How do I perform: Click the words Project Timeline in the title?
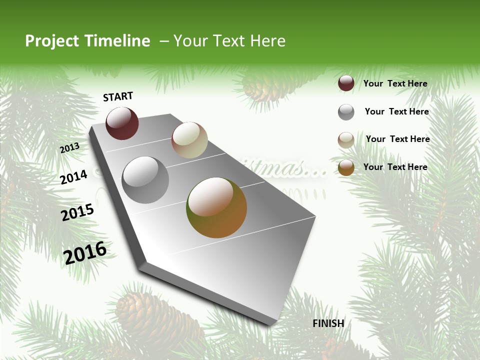click(87, 41)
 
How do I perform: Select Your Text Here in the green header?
click(229, 41)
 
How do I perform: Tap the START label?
click(118, 96)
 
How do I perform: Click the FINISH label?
click(328, 323)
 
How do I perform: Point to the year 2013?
click(70, 148)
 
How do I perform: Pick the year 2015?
click(77, 212)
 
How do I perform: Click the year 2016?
click(85, 252)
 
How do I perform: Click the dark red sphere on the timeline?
click(122, 123)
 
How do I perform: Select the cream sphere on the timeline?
click(189, 140)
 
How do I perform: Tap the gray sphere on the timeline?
click(145, 180)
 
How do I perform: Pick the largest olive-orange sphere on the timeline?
click(216, 207)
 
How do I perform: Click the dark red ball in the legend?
click(346, 83)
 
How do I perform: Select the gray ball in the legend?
click(346, 112)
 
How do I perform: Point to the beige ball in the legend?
click(346, 140)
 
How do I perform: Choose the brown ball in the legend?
click(346, 167)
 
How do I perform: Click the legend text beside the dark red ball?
click(395, 83)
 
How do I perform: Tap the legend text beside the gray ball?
click(397, 111)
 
